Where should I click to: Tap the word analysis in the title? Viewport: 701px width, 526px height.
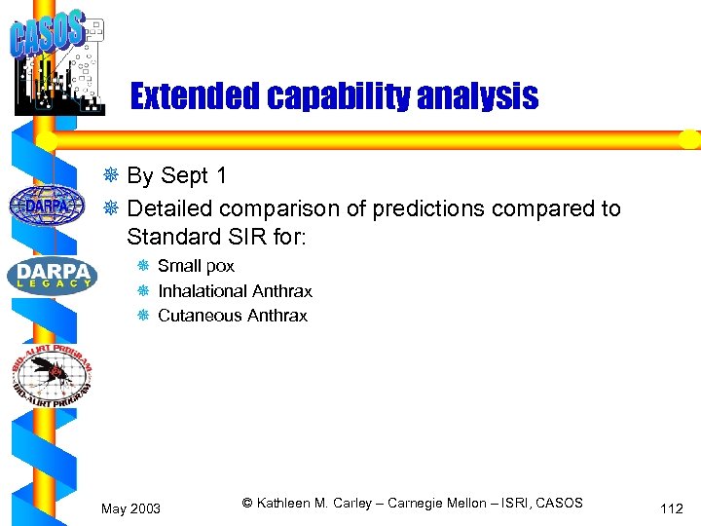(477, 96)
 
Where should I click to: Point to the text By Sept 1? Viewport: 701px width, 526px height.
(177, 176)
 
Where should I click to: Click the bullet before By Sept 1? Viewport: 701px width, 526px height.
(113, 176)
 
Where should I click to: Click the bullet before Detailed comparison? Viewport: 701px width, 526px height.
(113, 208)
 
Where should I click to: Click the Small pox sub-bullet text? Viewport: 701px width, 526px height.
(196, 266)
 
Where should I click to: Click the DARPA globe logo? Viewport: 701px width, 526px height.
(46, 205)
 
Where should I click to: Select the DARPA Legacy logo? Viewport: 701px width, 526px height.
(52, 276)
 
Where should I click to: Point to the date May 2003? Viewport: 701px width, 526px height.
(131, 508)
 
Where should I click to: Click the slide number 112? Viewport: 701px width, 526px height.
(671, 508)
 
